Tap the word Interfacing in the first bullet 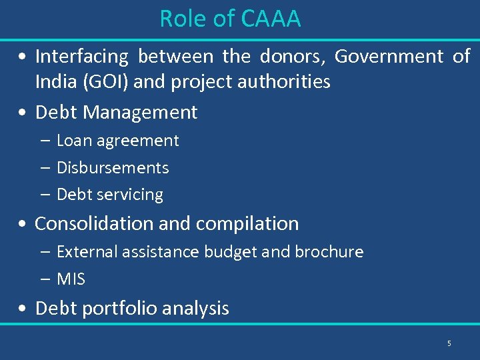point(81,57)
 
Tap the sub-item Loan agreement point(117,141)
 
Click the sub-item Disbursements point(113,168)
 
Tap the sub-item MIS point(71,279)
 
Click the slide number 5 point(449,343)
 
